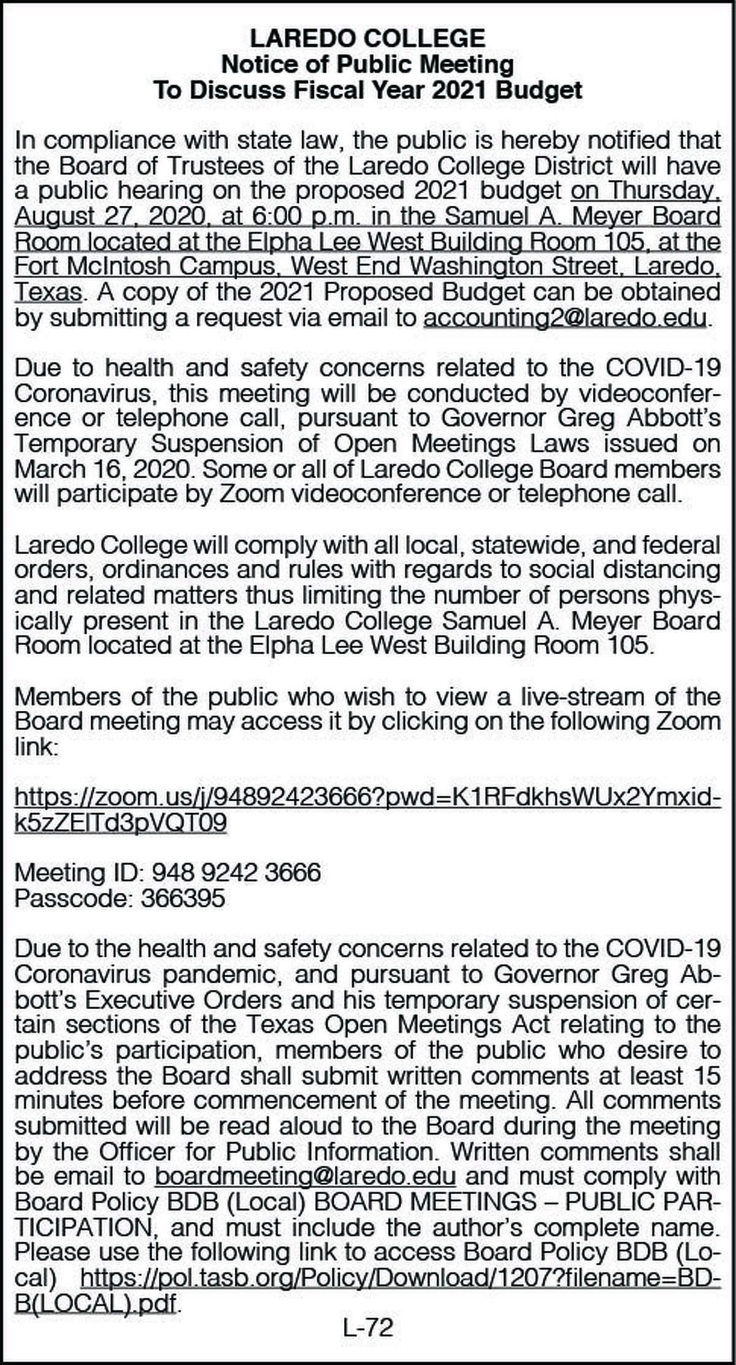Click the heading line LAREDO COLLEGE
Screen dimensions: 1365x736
coord(367,39)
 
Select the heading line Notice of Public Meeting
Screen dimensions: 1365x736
coord(367,64)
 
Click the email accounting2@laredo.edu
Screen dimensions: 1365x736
coord(565,318)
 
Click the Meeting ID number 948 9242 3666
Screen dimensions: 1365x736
coord(236,872)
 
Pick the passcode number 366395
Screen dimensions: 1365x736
coord(183,898)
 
